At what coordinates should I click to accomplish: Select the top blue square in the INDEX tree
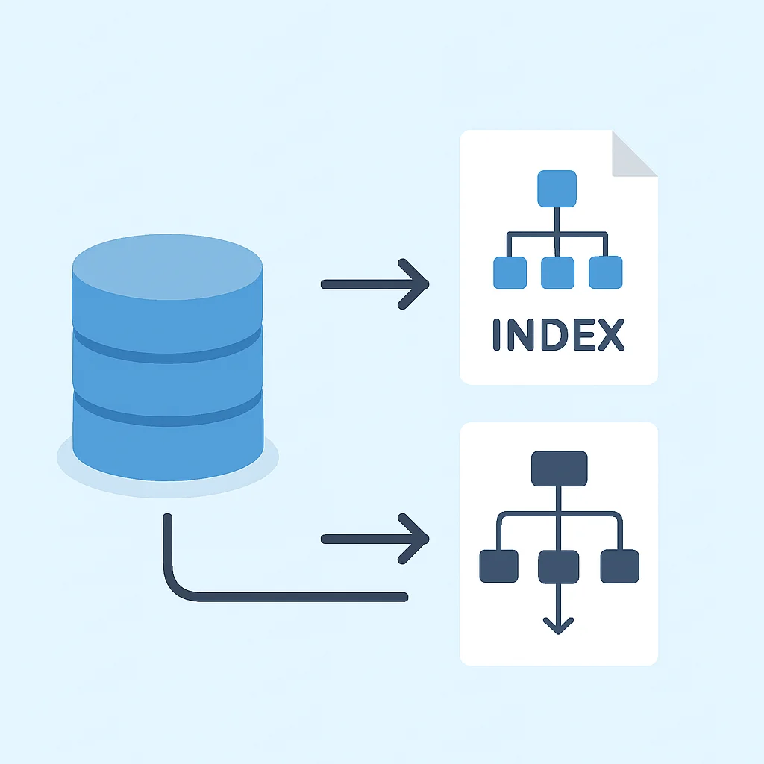click(x=557, y=189)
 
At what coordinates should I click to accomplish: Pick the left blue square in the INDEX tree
click(x=510, y=273)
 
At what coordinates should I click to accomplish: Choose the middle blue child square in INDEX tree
click(x=557, y=273)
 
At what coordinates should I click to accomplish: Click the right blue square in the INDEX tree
click(x=606, y=272)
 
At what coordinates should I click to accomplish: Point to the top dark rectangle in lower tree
click(x=560, y=469)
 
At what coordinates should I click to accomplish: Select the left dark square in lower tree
click(x=499, y=566)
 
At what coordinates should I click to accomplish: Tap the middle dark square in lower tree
click(x=558, y=567)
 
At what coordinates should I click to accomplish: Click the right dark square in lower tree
click(x=620, y=566)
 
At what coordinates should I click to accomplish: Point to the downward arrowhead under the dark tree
click(x=558, y=626)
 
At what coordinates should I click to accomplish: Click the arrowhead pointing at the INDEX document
click(x=414, y=284)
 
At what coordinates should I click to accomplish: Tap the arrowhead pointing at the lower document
click(x=414, y=539)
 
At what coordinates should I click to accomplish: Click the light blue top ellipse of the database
click(x=167, y=266)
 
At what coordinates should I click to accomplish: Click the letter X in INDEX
click(x=612, y=335)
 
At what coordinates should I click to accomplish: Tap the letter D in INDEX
click(x=554, y=335)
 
